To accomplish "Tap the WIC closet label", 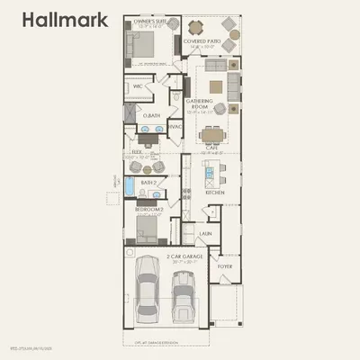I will [139, 87].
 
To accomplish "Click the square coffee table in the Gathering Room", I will [216, 87].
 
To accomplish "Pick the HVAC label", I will [175, 127].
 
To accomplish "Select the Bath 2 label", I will [148, 183].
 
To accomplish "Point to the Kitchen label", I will [214, 193].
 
